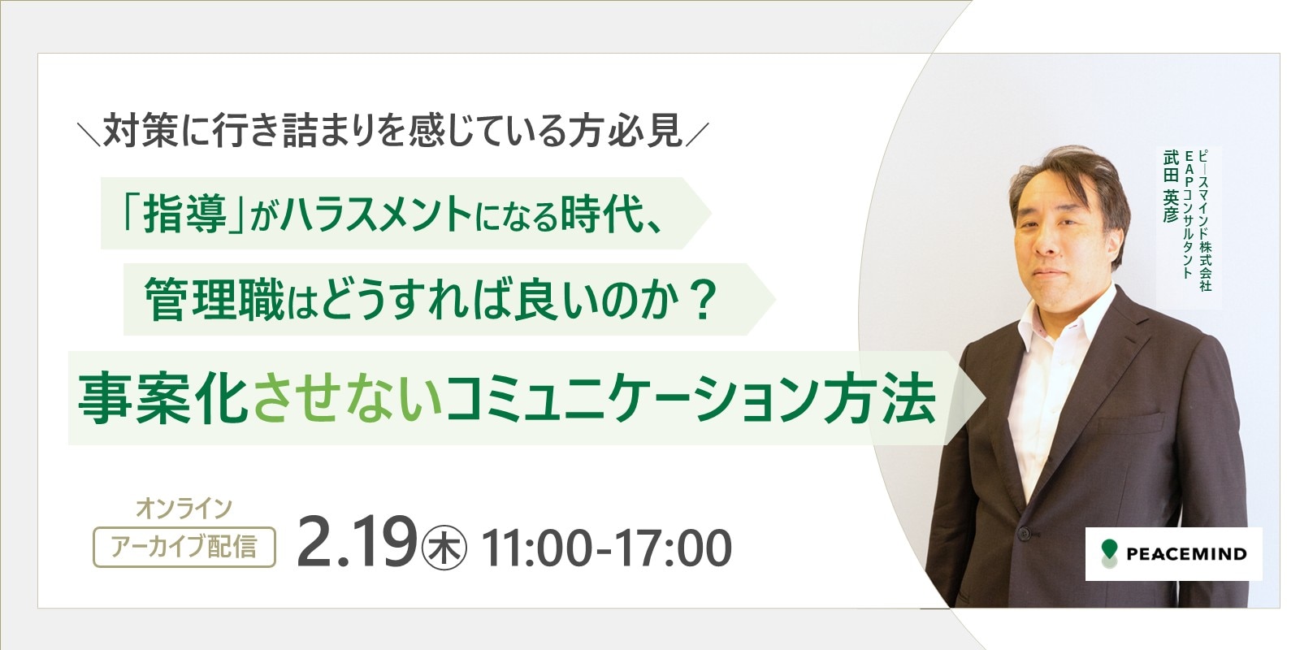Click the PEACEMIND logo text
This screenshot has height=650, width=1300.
click(x=1186, y=553)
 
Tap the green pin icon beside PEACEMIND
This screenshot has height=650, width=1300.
click(x=1109, y=553)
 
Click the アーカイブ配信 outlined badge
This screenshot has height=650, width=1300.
click(x=184, y=547)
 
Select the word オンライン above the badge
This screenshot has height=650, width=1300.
click(x=184, y=509)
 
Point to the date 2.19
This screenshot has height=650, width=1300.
click(x=357, y=543)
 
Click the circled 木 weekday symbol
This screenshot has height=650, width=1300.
click(x=444, y=548)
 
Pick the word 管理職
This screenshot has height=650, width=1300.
click(x=214, y=300)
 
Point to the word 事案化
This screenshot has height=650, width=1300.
click(x=163, y=399)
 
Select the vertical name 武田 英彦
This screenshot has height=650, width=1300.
click(x=1171, y=186)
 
